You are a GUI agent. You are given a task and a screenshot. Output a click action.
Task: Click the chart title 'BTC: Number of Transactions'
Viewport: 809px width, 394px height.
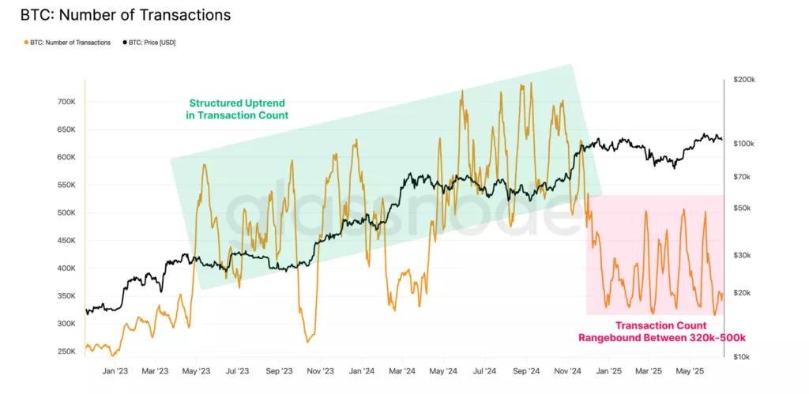[x=126, y=15]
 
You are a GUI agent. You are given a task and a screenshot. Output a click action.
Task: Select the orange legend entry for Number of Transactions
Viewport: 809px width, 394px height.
[x=69, y=43]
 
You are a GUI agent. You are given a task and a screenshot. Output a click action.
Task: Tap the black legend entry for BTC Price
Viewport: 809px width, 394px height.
[x=151, y=43]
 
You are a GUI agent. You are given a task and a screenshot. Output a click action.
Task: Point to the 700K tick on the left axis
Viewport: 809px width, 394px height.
[x=66, y=103]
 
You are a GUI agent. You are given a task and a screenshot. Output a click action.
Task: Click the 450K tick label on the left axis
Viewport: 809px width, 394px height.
[x=66, y=241]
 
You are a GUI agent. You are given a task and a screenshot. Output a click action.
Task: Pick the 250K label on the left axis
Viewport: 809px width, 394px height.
[x=66, y=351]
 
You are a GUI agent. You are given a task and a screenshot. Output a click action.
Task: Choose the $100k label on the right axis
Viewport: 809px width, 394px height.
[x=743, y=144]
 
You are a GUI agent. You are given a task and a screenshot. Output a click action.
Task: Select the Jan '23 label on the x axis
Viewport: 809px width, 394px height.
[x=116, y=370]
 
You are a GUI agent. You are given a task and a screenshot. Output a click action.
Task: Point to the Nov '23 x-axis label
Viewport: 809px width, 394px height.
[x=320, y=370]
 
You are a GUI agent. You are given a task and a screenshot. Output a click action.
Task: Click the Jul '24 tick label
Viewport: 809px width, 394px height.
[x=484, y=370]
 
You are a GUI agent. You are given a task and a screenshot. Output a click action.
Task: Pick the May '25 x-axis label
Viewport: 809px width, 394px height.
[x=690, y=370]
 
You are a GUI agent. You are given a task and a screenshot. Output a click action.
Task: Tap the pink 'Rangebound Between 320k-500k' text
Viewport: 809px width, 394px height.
[x=663, y=338]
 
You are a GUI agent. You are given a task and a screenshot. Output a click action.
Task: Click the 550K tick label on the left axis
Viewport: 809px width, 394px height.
[x=66, y=186]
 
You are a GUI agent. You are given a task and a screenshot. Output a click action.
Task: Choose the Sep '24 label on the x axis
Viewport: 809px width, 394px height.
[x=525, y=370]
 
